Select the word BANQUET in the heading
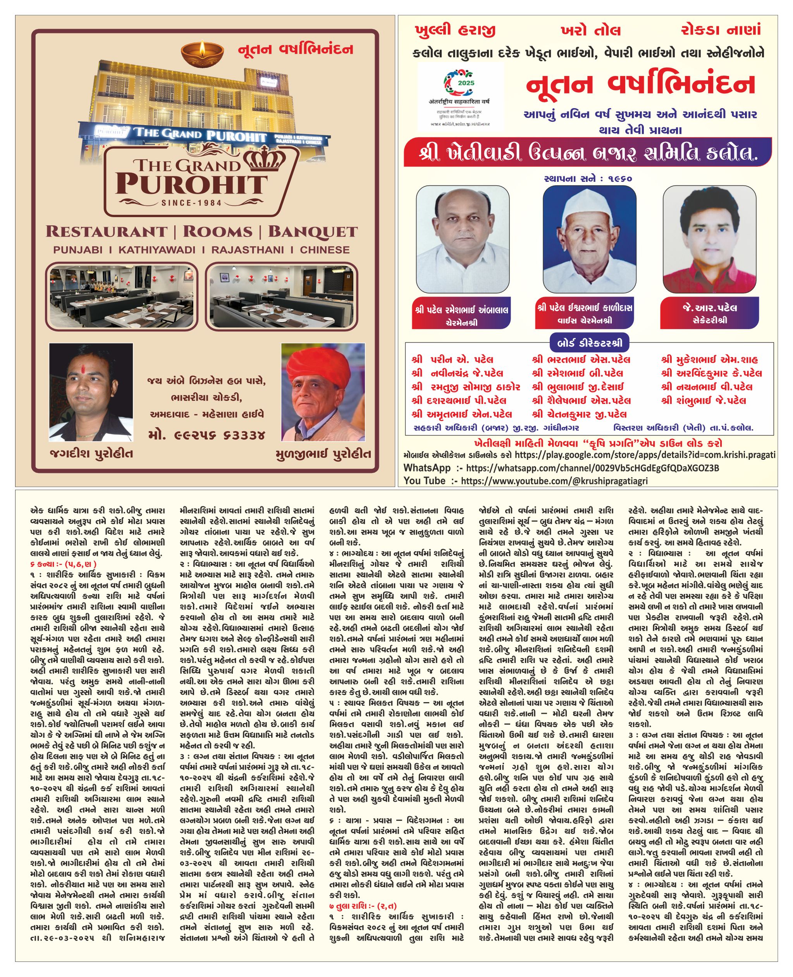[313, 232]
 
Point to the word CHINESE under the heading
[325, 250]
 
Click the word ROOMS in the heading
[217, 232]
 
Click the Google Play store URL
[645, 455]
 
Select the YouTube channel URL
[554, 480]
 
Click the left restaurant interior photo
[121, 296]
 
